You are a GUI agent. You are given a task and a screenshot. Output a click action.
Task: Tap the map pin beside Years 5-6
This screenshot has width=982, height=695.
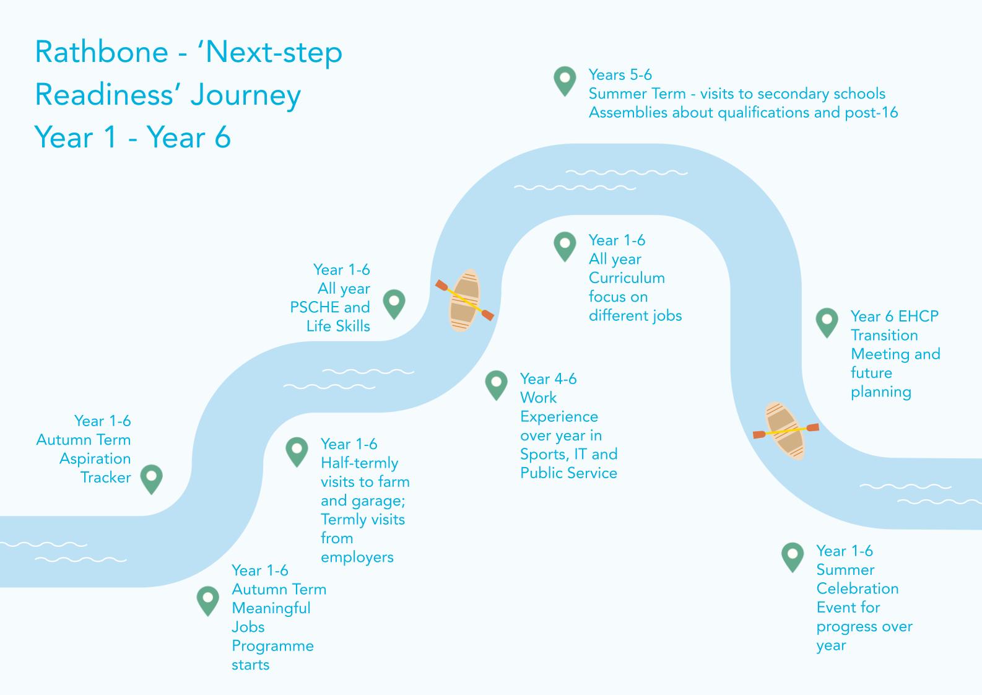pyautogui.click(x=564, y=80)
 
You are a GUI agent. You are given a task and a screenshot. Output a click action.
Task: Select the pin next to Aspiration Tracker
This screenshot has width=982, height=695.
pyautogui.click(x=151, y=478)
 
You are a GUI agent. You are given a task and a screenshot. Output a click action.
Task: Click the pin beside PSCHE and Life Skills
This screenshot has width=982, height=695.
pyautogui.click(x=394, y=304)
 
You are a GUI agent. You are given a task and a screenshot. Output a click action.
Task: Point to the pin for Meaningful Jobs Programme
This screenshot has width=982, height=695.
pyautogui.click(x=207, y=600)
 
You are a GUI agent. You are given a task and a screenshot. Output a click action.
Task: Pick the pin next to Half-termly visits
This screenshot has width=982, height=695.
pyautogui.click(x=297, y=451)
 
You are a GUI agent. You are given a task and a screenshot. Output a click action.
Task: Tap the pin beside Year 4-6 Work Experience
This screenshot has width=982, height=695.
pyautogui.click(x=496, y=384)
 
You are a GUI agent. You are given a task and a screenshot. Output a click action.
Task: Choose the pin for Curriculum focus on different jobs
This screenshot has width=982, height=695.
pyautogui.click(x=564, y=246)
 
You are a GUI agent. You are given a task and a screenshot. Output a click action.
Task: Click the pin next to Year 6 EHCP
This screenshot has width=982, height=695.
pyautogui.click(x=827, y=321)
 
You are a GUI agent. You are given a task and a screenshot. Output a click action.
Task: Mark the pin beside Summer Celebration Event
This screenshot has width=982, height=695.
pyautogui.click(x=792, y=556)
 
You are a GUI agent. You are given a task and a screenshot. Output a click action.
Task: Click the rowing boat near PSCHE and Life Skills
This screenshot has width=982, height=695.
pyautogui.click(x=464, y=300)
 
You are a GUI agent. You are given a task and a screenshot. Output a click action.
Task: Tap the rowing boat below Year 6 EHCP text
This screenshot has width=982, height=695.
pyautogui.click(x=785, y=431)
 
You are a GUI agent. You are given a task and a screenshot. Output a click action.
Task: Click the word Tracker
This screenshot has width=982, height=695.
pyautogui.click(x=106, y=478)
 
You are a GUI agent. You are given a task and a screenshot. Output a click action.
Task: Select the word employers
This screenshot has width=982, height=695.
pyautogui.click(x=357, y=557)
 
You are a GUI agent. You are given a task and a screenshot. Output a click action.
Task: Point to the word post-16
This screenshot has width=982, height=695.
pyautogui.click(x=871, y=113)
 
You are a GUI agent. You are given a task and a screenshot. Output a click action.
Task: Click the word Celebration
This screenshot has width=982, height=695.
pyautogui.click(x=857, y=588)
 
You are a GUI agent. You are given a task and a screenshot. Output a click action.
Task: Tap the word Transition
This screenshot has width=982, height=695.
pyautogui.click(x=884, y=335)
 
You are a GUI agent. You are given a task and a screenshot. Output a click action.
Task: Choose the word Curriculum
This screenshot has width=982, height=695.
pyautogui.click(x=627, y=278)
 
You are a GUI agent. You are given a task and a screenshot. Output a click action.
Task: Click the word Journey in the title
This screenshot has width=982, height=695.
pyautogui.click(x=245, y=95)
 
